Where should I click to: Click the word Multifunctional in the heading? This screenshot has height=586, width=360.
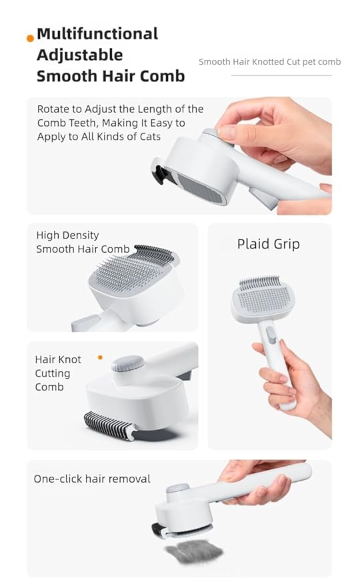pyautogui.click(x=97, y=33)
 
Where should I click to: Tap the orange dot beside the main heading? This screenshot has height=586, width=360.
pyautogui.click(x=30, y=38)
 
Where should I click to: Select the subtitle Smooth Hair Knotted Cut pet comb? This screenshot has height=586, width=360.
pyautogui.click(x=269, y=62)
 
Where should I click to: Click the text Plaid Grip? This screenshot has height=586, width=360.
pyautogui.click(x=268, y=244)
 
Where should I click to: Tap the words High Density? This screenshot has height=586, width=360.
pyautogui.click(x=67, y=235)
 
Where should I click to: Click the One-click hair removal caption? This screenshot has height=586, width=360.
pyautogui.click(x=92, y=479)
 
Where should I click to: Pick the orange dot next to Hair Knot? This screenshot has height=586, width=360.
pyautogui.click(x=100, y=357)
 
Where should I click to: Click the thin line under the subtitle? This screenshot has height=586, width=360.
pyautogui.click(x=281, y=75)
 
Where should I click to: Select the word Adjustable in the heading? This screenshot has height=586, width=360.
pyautogui.click(x=80, y=55)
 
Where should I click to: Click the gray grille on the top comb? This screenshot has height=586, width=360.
pyautogui.click(x=201, y=180)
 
